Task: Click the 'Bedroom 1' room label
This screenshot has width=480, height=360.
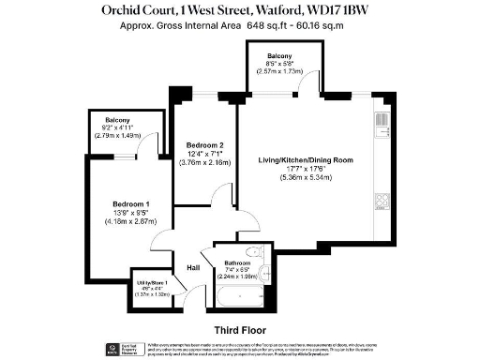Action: [131, 204]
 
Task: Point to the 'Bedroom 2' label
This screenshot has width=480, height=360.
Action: [204, 145]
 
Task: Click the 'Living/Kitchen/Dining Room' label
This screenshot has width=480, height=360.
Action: [306, 161]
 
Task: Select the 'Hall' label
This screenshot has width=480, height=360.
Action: [193, 269]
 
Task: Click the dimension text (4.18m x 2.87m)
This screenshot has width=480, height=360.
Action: [131, 221]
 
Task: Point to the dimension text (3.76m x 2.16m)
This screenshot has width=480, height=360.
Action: [204, 162]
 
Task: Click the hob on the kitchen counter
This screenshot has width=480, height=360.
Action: [382, 202]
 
